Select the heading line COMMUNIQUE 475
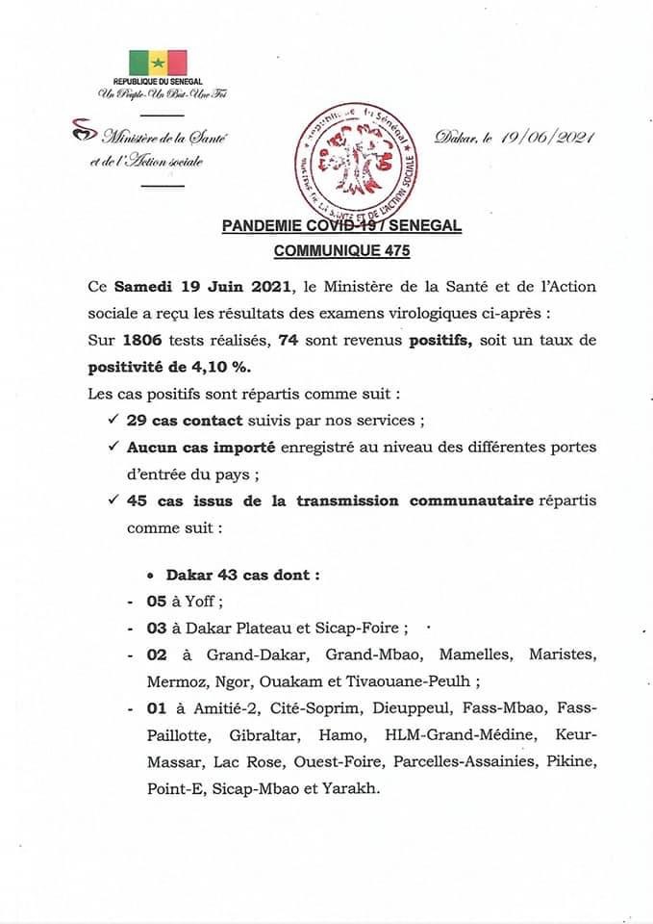pyautogui.click(x=341, y=248)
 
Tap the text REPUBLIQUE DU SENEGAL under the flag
pyautogui.click(x=157, y=86)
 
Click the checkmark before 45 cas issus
pyautogui.click(x=114, y=501)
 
